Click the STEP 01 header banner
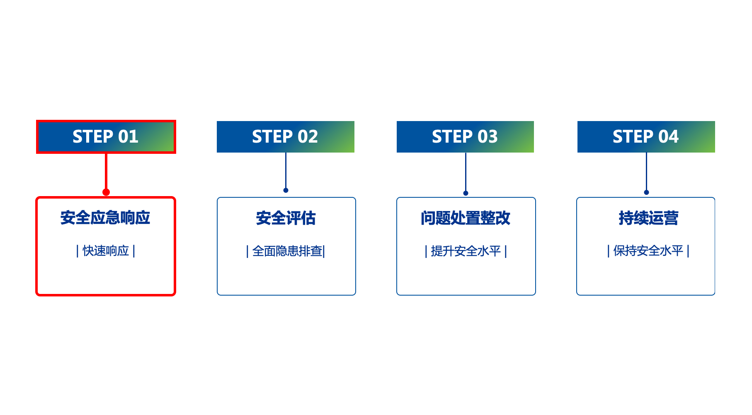tap(106, 137)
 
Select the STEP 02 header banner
tap(285, 137)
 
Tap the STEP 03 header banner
tap(465, 137)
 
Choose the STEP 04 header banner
tap(646, 137)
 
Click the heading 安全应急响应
tap(105, 218)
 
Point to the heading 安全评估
tap(286, 218)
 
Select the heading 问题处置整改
tap(466, 218)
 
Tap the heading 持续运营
tap(648, 218)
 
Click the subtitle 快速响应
tap(106, 251)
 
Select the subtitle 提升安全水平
tap(466, 251)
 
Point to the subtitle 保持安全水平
tap(648, 251)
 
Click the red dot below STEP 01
tap(106, 192)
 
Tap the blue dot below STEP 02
tap(286, 190)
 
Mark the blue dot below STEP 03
tap(466, 193)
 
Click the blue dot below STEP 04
tap(646, 192)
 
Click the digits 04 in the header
tap(668, 137)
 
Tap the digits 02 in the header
tap(308, 137)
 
